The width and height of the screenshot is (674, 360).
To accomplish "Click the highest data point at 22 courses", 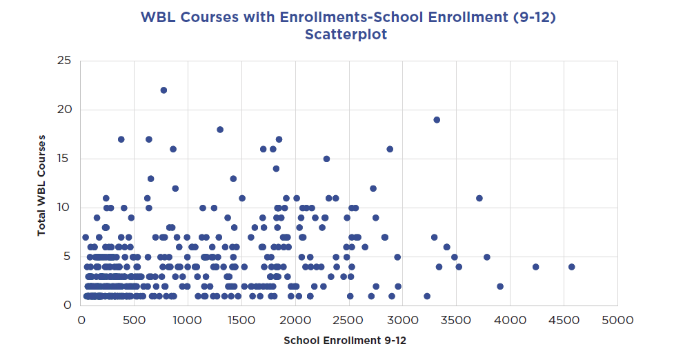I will [163, 90].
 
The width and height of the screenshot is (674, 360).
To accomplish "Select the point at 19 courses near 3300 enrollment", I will [437, 119].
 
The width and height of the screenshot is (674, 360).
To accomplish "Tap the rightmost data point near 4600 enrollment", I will [571, 267].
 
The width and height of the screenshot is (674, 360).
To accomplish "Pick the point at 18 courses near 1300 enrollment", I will [220, 130].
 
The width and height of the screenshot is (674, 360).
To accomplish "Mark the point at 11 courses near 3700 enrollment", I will [479, 198].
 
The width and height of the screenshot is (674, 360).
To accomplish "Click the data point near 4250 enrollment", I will [535, 267].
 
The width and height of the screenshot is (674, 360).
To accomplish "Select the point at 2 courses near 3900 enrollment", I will [500, 286].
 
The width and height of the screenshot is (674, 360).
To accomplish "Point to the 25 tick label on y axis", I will [65, 61].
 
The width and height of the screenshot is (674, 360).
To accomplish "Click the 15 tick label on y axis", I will [65, 159].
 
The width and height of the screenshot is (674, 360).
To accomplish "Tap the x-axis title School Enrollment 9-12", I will [349, 341].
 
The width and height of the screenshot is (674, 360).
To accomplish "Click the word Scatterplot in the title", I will [346, 35].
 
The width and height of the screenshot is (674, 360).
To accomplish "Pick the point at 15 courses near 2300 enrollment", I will [326, 159].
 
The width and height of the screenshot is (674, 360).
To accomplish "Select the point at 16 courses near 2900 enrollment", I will [390, 149].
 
